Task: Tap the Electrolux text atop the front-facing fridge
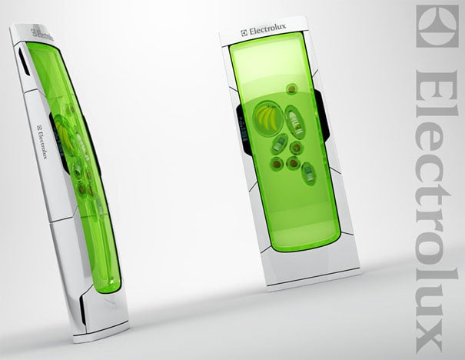(267, 31)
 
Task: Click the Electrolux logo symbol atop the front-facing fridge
(244, 33)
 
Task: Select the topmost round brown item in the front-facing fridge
(292, 88)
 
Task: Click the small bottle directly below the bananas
(279, 143)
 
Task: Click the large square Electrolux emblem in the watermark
(437, 26)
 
